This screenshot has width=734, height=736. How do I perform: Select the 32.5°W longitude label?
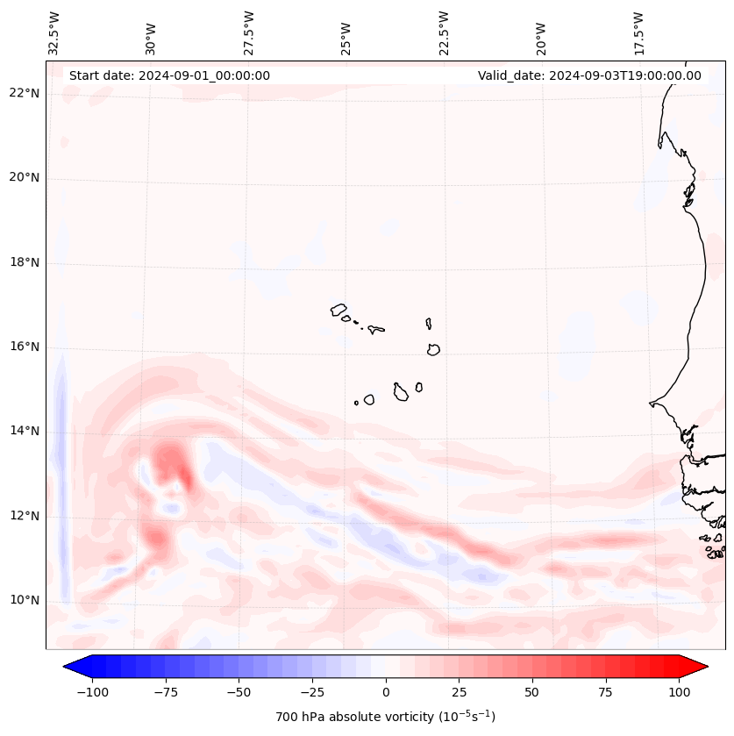pos(54,33)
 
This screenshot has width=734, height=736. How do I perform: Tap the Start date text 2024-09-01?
pos(169,75)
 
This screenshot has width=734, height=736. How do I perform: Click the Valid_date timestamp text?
pos(589,75)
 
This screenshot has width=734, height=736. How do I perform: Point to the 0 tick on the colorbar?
pos(386,692)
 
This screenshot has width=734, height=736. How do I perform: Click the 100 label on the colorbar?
pos(680,692)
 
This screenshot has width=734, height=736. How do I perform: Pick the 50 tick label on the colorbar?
pos(532,692)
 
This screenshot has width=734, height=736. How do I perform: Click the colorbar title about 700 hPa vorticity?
pos(385,717)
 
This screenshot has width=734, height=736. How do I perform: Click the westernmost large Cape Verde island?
pos(338,309)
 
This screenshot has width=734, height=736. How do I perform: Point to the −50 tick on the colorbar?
pos(239,692)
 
